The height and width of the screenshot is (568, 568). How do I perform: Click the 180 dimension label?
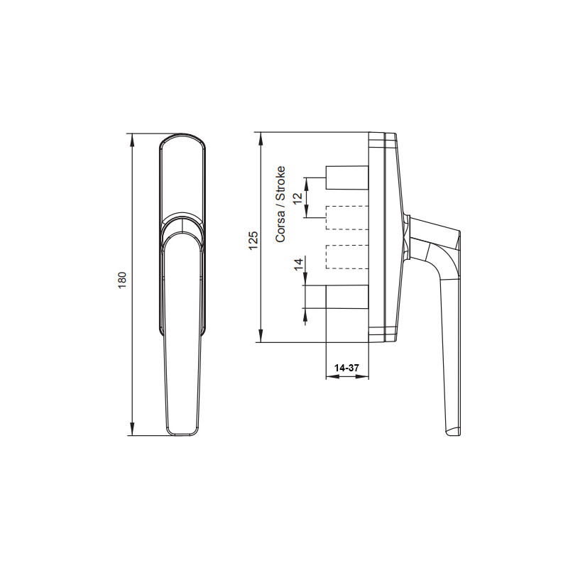pos(122,280)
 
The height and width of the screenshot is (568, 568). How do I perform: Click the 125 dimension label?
pos(253,240)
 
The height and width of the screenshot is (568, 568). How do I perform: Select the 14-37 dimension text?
pos(346,368)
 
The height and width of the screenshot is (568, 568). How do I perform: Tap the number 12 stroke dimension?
pos(297,199)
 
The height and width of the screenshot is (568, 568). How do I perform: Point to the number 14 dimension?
pos(298,264)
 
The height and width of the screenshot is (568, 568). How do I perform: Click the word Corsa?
pos(280,226)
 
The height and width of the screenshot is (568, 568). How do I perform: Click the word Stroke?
pos(280,183)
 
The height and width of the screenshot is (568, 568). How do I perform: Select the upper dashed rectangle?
pos(347,218)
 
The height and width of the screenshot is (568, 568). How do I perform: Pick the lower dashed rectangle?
pos(347,257)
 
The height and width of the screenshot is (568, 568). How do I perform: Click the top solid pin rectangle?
pos(347,177)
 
